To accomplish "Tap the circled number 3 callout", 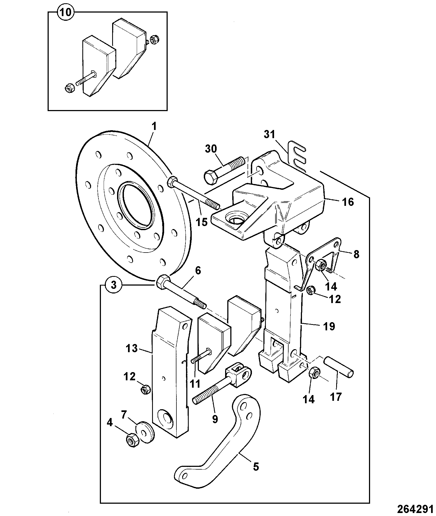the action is click(x=114, y=285).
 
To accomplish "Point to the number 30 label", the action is click(x=211, y=149).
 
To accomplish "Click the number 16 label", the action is click(x=348, y=202).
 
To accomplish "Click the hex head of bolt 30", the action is click(x=211, y=177).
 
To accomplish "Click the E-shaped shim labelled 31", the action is click(x=297, y=156).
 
